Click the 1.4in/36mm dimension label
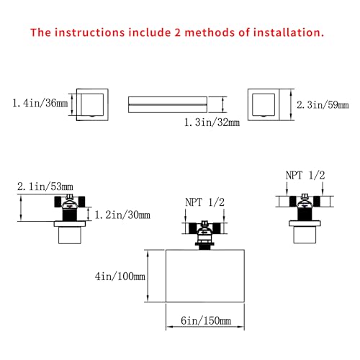tap(40, 103)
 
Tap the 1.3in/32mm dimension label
tap(212, 122)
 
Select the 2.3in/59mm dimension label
tap(323, 105)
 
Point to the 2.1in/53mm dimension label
tap(45, 186)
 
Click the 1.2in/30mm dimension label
tap(122, 215)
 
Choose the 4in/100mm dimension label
tap(120, 276)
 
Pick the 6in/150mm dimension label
tap(206, 320)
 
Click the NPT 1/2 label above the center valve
tap(204, 202)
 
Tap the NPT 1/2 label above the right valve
tap(305, 176)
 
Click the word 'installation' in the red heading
tap(289, 32)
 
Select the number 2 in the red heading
tap(177, 32)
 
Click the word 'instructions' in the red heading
tap(89, 32)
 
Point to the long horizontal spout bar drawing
tap(168, 104)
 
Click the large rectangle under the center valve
tap(205, 276)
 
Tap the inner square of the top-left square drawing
tap(92, 104)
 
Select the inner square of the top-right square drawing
tap(264, 104)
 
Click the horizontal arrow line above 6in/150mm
tap(205, 327)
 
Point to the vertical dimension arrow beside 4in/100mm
tap(148, 276)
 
